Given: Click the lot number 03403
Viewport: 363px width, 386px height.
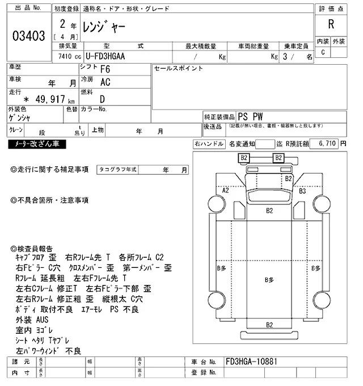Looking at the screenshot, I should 28,36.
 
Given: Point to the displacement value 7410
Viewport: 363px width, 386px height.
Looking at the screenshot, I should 61,57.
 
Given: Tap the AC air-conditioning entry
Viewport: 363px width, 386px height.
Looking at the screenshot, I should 105,82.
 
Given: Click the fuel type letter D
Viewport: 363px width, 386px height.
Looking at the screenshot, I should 103,98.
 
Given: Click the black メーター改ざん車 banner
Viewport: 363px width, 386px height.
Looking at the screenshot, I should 36,145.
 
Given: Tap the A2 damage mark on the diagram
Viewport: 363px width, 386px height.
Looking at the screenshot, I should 225,191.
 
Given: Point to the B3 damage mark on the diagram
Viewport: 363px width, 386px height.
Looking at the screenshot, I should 302,191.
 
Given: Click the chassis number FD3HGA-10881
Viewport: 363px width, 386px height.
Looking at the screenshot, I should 252,361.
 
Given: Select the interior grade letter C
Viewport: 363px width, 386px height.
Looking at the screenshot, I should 323,53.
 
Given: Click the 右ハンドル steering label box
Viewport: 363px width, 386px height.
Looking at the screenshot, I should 209,144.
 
